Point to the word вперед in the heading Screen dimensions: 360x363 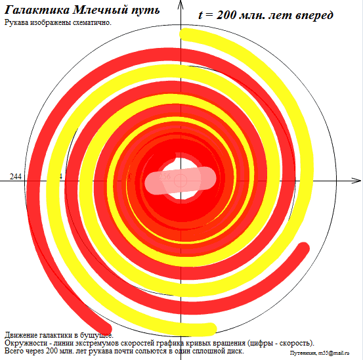pos(309,15)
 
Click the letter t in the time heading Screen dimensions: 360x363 pos(201,15)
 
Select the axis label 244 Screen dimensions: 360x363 pos(16,177)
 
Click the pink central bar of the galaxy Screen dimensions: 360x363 pos(180,180)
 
